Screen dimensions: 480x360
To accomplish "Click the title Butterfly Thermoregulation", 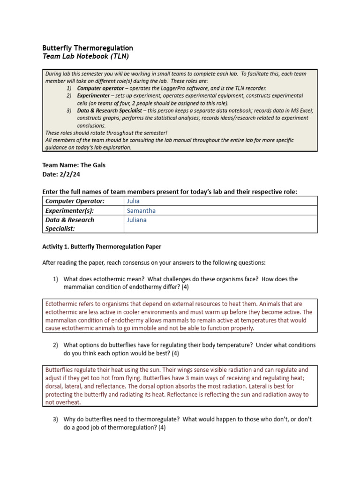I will (88, 48).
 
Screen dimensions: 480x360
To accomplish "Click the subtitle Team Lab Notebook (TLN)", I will (85, 56).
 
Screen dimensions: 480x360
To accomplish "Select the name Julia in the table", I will (134, 201).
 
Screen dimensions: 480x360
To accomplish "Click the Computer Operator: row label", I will (75, 201).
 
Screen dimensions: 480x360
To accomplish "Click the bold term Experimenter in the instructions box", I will (95, 96).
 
